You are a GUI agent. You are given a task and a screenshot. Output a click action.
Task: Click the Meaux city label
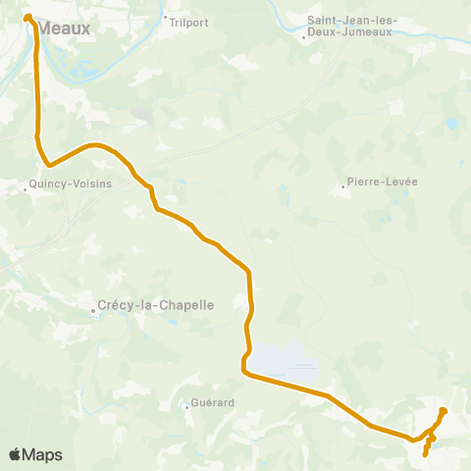66,29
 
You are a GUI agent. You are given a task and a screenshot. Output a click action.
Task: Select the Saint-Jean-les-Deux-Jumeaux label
349,26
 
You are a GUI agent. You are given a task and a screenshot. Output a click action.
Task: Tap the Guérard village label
208,402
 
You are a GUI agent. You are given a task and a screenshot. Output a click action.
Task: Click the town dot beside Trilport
165,17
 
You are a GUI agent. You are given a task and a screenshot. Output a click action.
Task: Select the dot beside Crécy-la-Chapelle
94,311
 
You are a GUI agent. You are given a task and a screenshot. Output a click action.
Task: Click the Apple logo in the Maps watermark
15,454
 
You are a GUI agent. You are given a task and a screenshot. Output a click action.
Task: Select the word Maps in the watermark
42,454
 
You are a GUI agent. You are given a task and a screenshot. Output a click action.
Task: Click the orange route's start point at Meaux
28,17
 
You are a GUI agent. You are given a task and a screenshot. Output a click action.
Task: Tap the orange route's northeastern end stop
443,410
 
